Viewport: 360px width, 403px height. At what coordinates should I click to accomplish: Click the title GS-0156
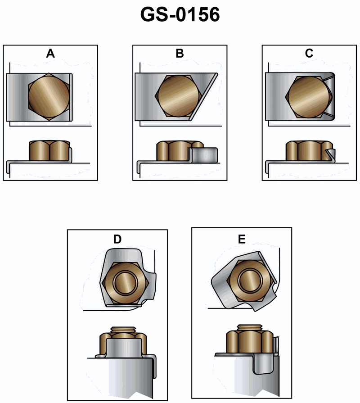coord(180,14)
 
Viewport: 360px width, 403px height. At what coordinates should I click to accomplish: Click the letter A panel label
coord(50,54)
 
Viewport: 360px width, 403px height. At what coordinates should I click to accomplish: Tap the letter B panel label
coord(180,54)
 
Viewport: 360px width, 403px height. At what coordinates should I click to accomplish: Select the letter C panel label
coord(309,53)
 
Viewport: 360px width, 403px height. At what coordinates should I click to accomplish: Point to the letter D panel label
coord(117,239)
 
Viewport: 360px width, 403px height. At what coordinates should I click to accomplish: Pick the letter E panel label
coord(242,239)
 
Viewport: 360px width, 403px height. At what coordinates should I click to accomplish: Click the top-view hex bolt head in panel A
coord(49,97)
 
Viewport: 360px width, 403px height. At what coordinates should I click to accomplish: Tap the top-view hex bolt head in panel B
coord(178,96)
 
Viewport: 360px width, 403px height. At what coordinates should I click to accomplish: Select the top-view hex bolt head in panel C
coord(309,97)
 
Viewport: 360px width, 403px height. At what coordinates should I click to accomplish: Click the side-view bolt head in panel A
coord(49,150)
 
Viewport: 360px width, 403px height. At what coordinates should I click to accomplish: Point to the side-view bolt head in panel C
coord(309,150)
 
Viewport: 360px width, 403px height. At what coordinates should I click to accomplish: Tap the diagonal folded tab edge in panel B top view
coord(203,97)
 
